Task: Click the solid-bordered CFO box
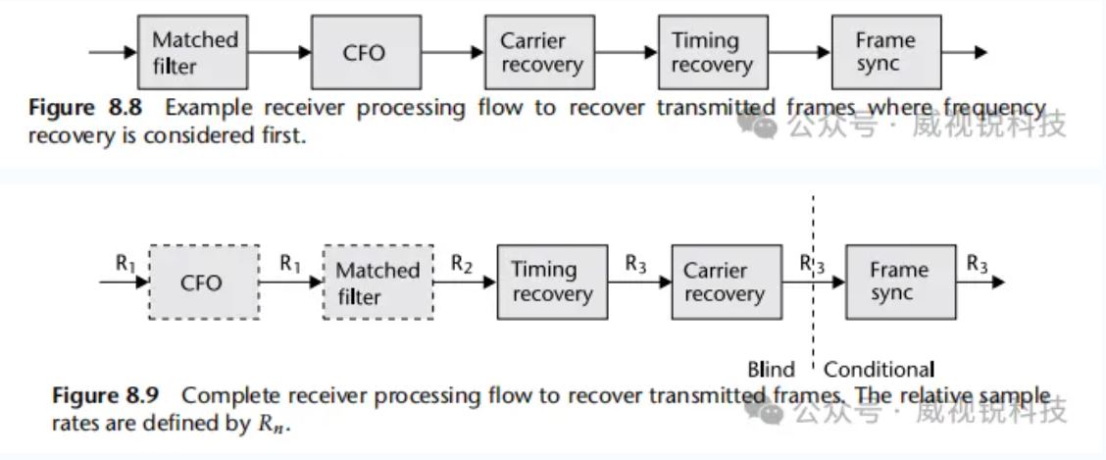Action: point(365,53)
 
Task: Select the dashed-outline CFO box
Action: point(203,282)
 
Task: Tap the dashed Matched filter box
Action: point(377,282)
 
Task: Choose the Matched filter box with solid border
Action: point(195,53)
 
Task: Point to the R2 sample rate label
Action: point(462,263)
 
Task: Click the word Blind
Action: point(771,370)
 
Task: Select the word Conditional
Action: point(879,370)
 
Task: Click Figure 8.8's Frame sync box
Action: point(885,53)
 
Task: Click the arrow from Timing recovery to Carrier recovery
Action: point(638,282)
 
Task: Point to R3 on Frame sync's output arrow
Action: point(978,263)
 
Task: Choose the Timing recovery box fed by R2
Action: point(552,282)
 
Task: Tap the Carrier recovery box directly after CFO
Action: point(540,53)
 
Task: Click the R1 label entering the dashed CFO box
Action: point(125,263)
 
